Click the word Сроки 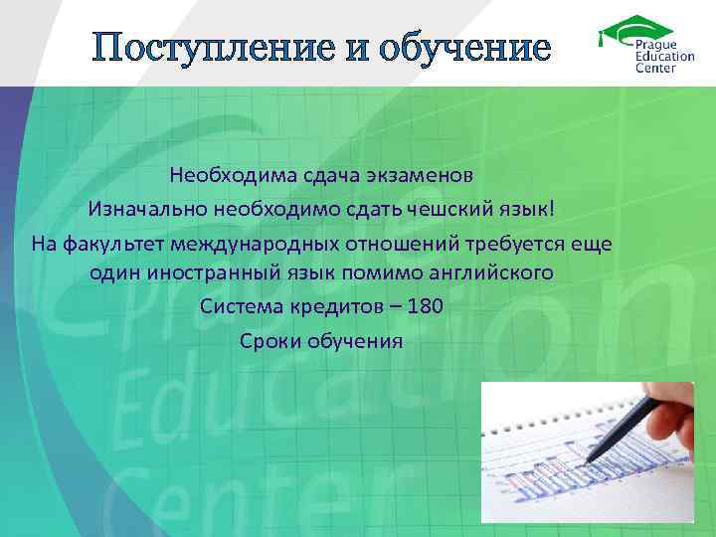(268, 339)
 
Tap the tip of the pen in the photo (589, 460)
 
